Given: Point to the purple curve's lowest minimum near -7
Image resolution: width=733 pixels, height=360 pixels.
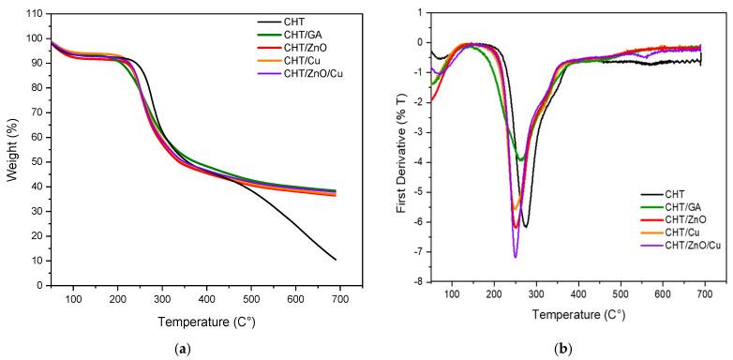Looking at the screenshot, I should [516, 256].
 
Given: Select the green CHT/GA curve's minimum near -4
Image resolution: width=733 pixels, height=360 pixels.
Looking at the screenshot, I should [521, 159].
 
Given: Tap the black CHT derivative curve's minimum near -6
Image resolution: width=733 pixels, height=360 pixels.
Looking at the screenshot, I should [526, 227].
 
